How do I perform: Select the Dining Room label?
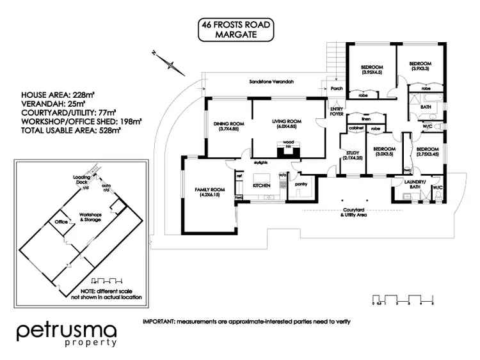click(226, 127)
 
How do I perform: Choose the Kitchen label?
click(262, 185)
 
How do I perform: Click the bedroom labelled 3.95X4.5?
click(372, 70)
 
